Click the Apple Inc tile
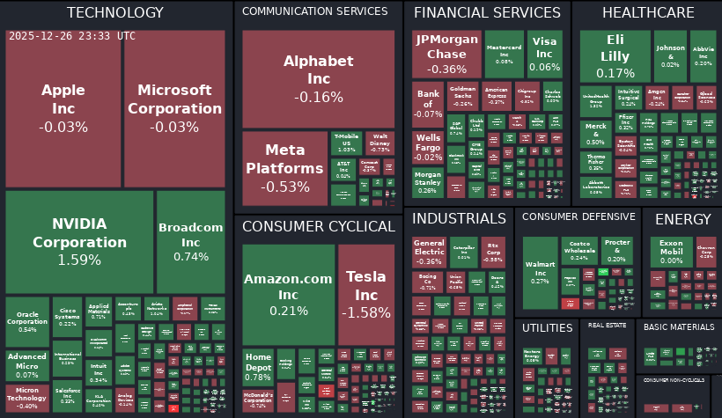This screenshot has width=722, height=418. (63, 108)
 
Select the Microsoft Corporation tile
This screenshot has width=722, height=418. (175, 108)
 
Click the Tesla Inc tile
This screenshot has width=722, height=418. (365, 294)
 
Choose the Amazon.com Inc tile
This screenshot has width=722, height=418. (288, 294)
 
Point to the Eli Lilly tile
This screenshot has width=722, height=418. (615, 56)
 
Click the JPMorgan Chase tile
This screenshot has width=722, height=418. (446, 56)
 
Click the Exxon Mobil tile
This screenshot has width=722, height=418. (671, 252)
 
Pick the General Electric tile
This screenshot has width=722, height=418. (429, 252)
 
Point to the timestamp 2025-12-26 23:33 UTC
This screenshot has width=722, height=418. (72, 36)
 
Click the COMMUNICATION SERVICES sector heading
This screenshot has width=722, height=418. (314, 11)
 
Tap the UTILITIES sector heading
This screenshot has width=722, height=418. (547, 327)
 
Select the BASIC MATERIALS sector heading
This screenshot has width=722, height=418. (678, 326)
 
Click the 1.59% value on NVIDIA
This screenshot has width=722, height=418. (79, 260)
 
